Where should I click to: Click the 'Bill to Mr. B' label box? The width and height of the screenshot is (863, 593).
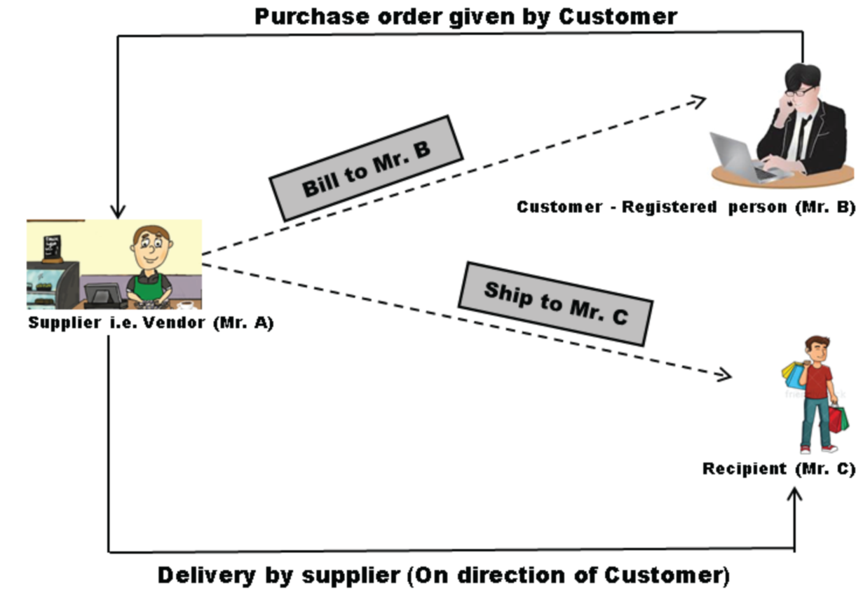tap(366, 168)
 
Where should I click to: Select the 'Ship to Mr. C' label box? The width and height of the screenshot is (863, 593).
tap(555, 303)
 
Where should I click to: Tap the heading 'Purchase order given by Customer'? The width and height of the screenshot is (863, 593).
tap(466, 15)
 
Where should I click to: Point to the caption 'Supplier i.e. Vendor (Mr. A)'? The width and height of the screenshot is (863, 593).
tap(151, 323)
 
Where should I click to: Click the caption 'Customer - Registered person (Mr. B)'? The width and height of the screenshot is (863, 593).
tap(686, 207)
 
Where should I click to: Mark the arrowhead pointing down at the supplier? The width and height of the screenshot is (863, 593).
tap(118, 210)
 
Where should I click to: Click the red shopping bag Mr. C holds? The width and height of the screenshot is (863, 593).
tap(838, 418)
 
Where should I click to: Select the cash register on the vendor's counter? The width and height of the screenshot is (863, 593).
tap(104, 294)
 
